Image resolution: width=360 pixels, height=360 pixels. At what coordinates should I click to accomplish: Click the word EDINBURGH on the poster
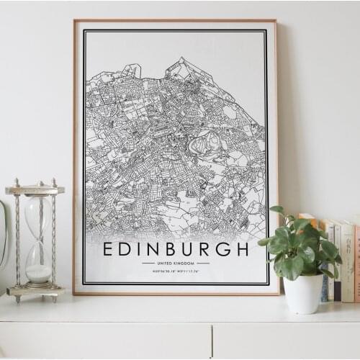176,249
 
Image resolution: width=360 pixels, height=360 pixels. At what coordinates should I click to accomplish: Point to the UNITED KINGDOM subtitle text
176,264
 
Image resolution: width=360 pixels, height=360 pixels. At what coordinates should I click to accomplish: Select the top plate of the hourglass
35,189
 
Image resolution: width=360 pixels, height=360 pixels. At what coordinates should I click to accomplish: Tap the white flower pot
303,292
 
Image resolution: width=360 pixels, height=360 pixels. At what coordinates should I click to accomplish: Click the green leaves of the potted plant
295,245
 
